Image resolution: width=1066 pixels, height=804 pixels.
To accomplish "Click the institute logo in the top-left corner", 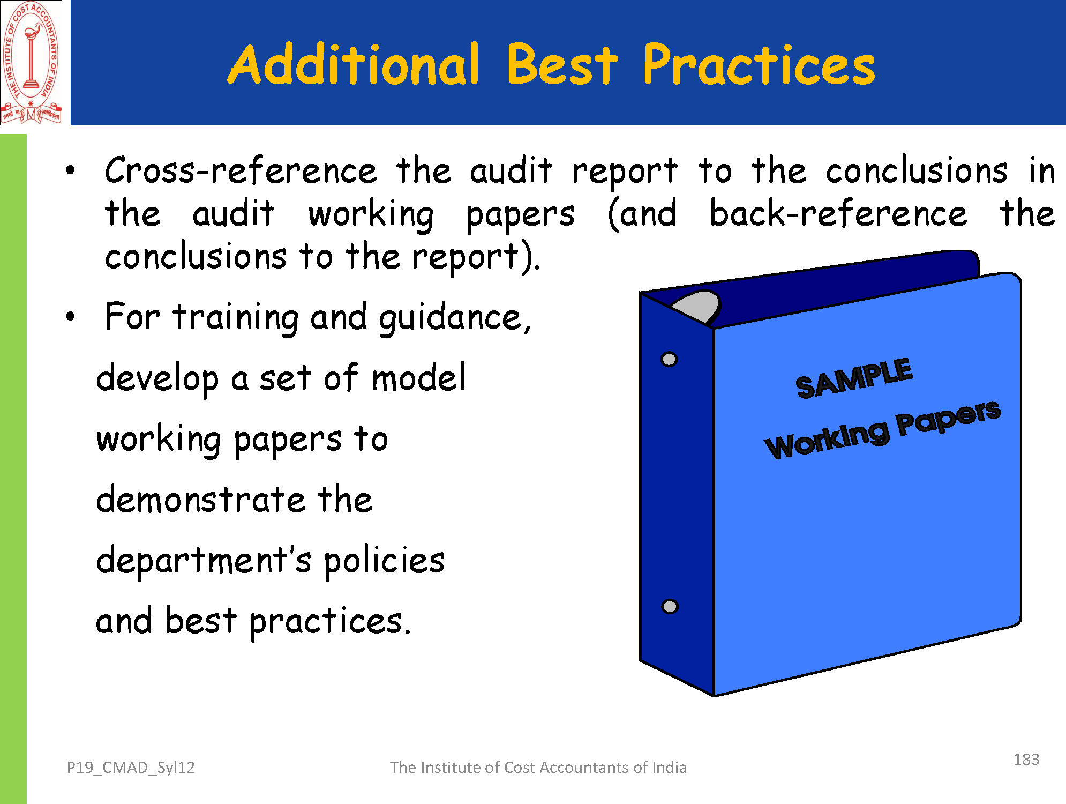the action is click(x=31, y=63).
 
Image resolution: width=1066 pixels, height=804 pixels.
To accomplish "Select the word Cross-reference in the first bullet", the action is click(x=241, y=171).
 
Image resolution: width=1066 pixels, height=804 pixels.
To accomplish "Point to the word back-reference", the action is click(x=838, y=213).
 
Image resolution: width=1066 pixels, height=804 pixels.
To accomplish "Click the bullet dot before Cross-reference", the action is click(x=70, y=172).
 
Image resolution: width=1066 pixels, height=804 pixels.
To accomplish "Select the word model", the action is click(x=418, y=377).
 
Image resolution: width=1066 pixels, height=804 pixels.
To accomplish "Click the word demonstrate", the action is click(x=201, y=499).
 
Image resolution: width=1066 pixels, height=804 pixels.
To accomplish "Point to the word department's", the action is click(x=204, y=561).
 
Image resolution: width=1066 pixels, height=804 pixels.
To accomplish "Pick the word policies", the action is click(x=384, y=561).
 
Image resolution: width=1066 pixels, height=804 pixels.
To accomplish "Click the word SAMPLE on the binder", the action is click(x=854, y=377).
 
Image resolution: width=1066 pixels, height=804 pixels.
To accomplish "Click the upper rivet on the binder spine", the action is click(x=669, y=359).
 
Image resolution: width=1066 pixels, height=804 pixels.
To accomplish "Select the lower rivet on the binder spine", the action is click(x=670, y=607).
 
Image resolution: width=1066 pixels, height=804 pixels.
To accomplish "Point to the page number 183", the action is click(x=1026, y=760).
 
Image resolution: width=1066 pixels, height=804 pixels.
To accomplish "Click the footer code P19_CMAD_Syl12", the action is click(x=131, y=768).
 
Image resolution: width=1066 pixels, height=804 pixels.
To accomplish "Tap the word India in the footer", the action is click(x=669, y=768).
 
